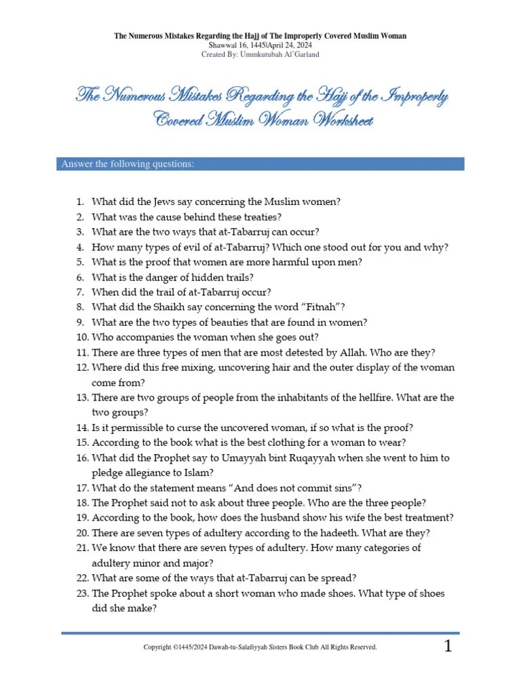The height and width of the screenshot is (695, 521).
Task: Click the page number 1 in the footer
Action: pyautogui.click(x=448, y=647)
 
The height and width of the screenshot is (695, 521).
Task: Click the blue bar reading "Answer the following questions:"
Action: pyautogui.click(x=261, y=164)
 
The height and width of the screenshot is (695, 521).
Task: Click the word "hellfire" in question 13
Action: pyautogui.click(x=349, y=398)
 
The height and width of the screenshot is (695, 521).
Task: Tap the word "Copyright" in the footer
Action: pyautogui.click(x=158, y=647)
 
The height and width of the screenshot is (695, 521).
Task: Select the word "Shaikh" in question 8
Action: pyautogui.click(x=177, y=307)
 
